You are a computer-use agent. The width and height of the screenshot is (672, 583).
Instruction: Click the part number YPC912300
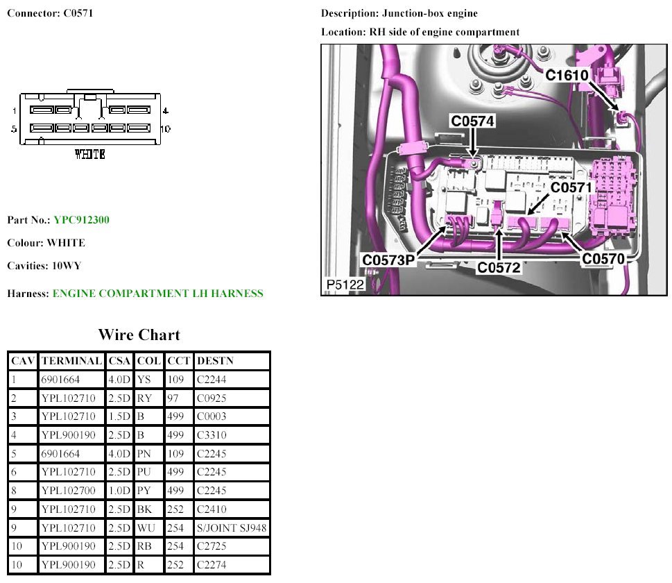pyautogui.click(x=81, y=220)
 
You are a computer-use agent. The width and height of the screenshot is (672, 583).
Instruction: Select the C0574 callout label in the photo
pyautogui.click(x=473, y=121)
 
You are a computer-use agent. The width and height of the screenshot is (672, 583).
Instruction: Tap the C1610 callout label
pyautogui.click(x=567, y=75)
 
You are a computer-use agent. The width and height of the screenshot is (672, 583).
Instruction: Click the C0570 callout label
pyautogui.click(x=603, y=259)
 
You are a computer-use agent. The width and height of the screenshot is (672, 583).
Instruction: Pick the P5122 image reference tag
pyautogui.click(x=345, y=285)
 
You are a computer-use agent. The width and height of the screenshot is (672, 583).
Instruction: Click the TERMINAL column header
pyautogui.click(x=72, y=361)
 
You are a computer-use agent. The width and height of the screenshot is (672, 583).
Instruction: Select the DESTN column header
pyautogui.click(x=216, y=361)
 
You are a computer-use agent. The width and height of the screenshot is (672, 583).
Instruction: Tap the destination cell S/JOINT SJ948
pyautogui.click(x=232, y=528)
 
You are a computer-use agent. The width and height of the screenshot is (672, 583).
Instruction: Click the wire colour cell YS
pyautogui.click(x=144, y=380)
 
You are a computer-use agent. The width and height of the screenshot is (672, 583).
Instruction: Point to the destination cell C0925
pyautogui.click(x=212, y=398)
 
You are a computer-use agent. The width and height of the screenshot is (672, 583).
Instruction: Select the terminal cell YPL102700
pyautogui.click(x=68, y=491)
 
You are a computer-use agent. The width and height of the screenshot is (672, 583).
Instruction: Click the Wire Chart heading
pyautogui.click(x=139, y=335)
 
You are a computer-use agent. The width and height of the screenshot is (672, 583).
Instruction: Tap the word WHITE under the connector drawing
pyautogui.click(x=90, y=154)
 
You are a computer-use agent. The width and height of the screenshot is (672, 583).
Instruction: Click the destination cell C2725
pyautogui.click(x=212, y=546)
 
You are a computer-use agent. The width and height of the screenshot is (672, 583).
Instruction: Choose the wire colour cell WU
pyautogui.click(x=146, y=528)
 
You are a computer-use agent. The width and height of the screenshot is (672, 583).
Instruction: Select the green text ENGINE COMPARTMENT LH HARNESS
pyautogui.click(x=157, y=294)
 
